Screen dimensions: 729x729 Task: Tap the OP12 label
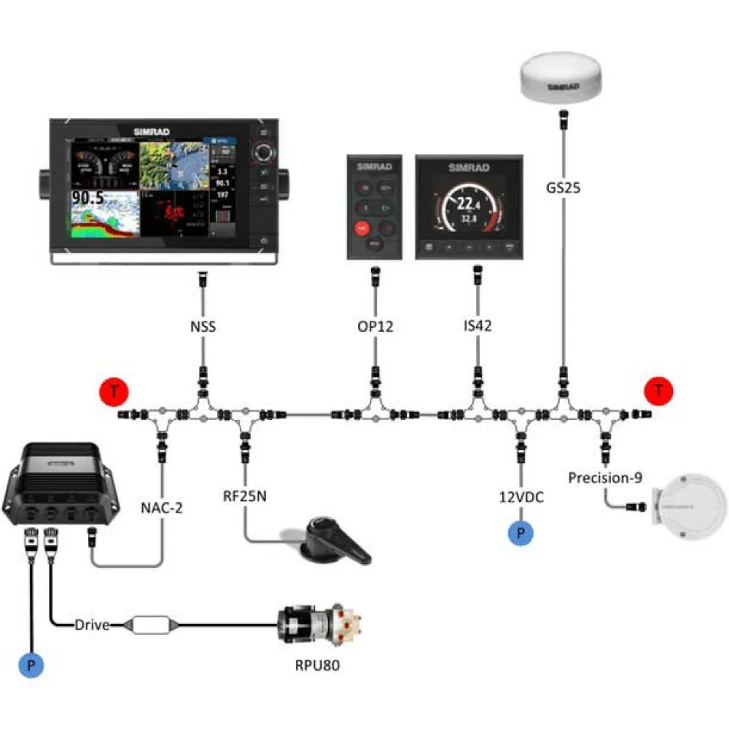click(x=375, y=327)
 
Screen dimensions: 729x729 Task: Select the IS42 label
click(x=477, y=327)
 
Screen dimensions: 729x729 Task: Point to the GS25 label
click(x=564, y=186)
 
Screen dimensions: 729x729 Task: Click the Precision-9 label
click(x=605, y=478)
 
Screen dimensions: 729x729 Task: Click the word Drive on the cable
click(x=92, y=625)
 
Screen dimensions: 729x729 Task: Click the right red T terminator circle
click(x=658, y=390)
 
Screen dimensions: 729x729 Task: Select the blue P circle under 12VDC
click(x=521, y=533)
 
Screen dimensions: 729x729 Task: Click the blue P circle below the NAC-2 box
click(x=30, y=665)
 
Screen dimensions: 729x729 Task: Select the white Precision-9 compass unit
click(x=690, y=507)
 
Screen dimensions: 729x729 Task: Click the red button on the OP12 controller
click(x=360, y=228)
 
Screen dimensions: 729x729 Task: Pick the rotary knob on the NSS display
click(x=264, y=153)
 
